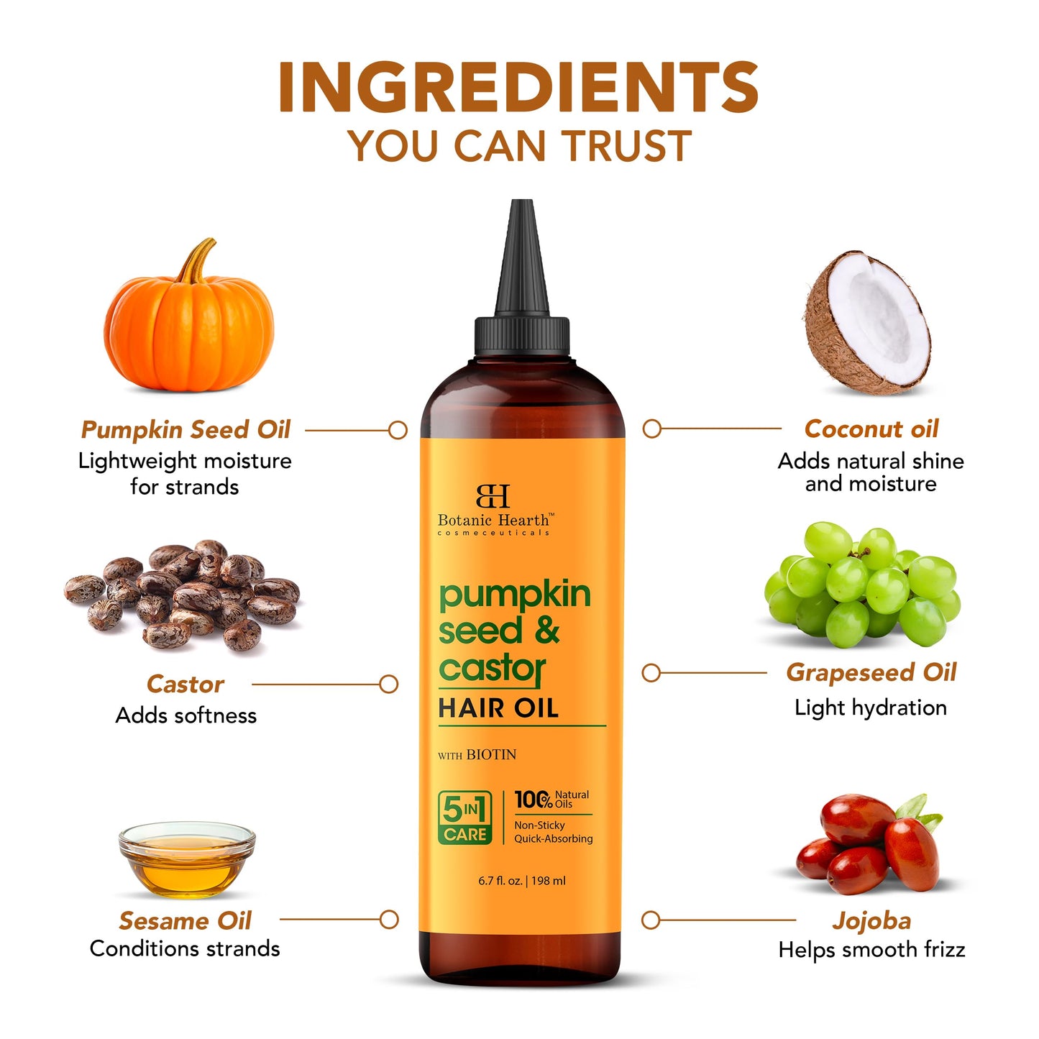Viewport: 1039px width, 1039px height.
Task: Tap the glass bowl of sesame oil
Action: [187, 859]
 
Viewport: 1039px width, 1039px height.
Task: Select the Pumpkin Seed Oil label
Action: [186, 430]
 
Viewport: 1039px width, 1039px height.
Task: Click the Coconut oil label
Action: [871, 429]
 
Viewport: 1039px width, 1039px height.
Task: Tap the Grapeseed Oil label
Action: [871, 672]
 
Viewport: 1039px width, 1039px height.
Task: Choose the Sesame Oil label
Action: [186, 920]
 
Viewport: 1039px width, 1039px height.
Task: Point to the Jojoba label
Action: [871, 920]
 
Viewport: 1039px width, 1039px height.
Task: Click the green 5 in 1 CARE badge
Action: [465, 818]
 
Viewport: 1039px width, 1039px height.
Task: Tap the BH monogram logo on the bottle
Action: [493, 496]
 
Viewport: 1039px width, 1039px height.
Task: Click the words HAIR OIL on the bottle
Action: [498, 709]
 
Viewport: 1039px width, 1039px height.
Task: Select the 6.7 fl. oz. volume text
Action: [501, 881]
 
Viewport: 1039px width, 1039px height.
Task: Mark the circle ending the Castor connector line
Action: [389, 684]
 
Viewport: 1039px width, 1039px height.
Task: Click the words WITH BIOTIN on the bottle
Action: [477, 755]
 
